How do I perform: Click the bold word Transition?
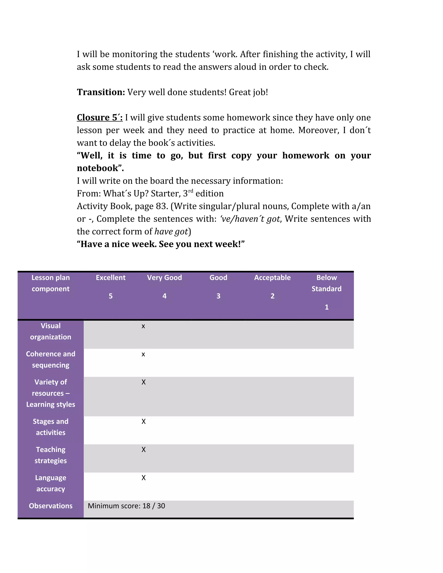[x=101, y=92]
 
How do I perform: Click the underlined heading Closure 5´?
[x=100, y=118]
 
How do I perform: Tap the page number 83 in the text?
[x=161, y=206]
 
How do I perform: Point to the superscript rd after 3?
[x=191, y=191]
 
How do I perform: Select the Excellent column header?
[x=111, y=278]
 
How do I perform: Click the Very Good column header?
[x=164, y=278]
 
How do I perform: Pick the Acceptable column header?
[x=272, y=278]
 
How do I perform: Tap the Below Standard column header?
[x=326, y=283]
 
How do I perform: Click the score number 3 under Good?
[x=218, y=296]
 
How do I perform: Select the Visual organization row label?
[x=51, y=331]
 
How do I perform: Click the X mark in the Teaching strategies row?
[x=144, y=450]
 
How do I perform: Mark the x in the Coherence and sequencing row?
[x=143, y=354]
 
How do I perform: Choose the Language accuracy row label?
[x=51, y=483]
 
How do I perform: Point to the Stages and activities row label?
[x=51, y=427]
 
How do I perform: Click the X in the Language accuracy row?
[x=144, y=478]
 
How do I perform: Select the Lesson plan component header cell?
[x=51, y=283]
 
